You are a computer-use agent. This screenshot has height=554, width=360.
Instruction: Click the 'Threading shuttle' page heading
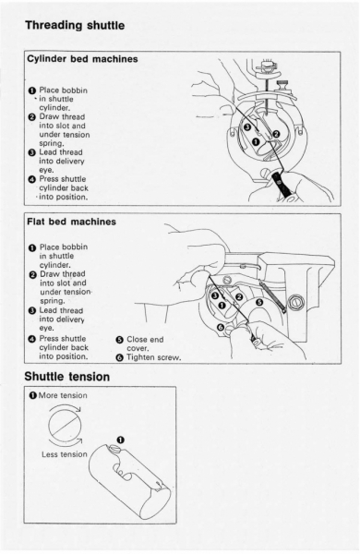tap(75, 26)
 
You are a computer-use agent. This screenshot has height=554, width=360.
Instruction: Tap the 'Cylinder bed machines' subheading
tap(82, 59)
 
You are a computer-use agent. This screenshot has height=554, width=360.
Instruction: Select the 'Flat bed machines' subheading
tap(71, 222)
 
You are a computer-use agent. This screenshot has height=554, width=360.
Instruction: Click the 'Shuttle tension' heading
tap(67, 377)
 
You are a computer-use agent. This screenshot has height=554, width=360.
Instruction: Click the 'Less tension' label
tap(65, 454)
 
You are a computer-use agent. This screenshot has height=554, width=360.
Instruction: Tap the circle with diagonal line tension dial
tap(65, 426)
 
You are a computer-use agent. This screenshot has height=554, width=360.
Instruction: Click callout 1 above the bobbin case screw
tap(121, 440)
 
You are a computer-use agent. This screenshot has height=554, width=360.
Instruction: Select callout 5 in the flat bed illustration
tap(259, 302)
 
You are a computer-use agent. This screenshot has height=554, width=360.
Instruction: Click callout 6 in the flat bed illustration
tap(221, 327)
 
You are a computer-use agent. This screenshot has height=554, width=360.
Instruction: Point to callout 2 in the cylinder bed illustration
tap(276, 134)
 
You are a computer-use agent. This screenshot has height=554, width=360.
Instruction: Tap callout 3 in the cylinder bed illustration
tap(247, 126)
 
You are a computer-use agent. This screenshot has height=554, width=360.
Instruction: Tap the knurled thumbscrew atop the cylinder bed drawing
tap(282, 85)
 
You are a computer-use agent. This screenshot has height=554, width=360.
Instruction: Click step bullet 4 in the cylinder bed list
tap(31, 179)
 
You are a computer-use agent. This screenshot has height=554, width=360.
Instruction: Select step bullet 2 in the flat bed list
tap(32, 274)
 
